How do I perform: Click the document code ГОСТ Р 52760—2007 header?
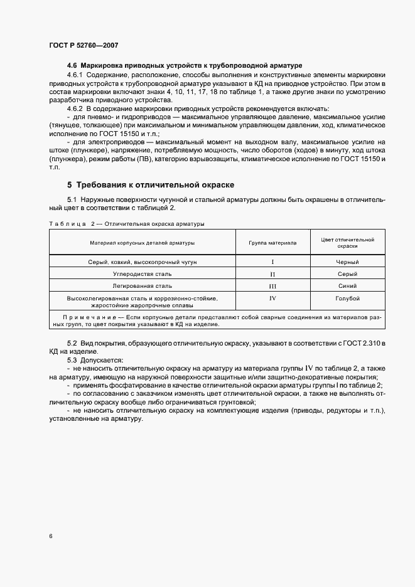tap(83, 46)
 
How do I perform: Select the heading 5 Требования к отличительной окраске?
tap(151, 185)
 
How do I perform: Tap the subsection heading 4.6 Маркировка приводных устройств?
tap(185, 65)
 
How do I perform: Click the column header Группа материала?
tap(272, 242)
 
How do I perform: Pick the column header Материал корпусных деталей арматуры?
tap(141, 242)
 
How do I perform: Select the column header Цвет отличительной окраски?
tap(347, 243)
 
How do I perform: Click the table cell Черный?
tap(347, 263)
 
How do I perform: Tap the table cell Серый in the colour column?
tap(347, 275)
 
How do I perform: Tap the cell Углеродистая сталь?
tap(142, 275)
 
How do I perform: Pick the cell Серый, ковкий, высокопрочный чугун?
tap(142, 263)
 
